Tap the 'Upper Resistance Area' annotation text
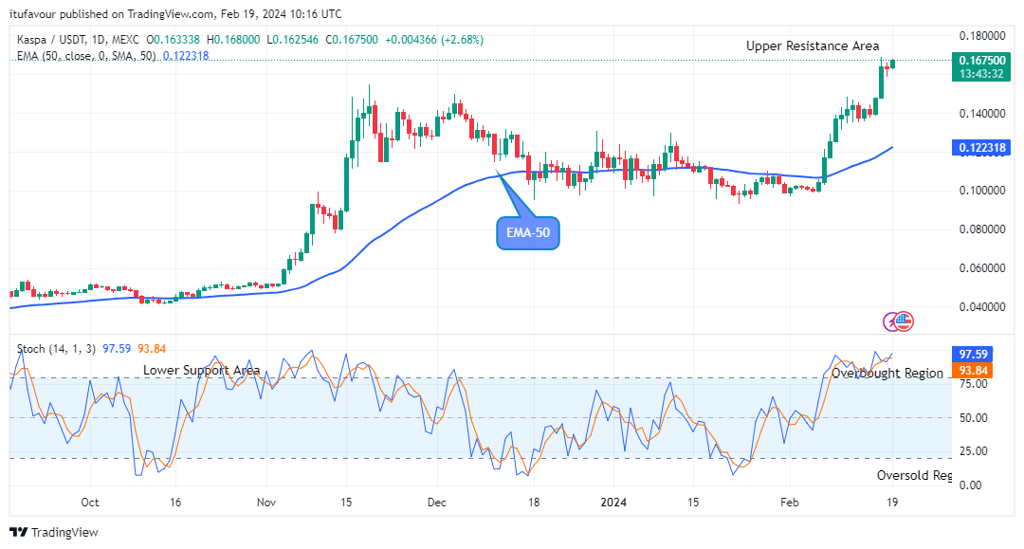(x=812, y=46)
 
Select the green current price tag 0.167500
(x=980, y=59)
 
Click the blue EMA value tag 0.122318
(x=980, y=148)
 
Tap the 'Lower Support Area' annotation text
(x=201, y=370)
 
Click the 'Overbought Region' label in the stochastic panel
(x=887, y=374)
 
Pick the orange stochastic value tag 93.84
(x=971, y=370)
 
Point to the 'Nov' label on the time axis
(x=266, y=502)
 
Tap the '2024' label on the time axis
(x=613, y=502)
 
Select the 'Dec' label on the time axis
(x=437, y=502)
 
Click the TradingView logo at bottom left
(x=54, y=532)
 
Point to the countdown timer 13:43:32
(x=980, y=73)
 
